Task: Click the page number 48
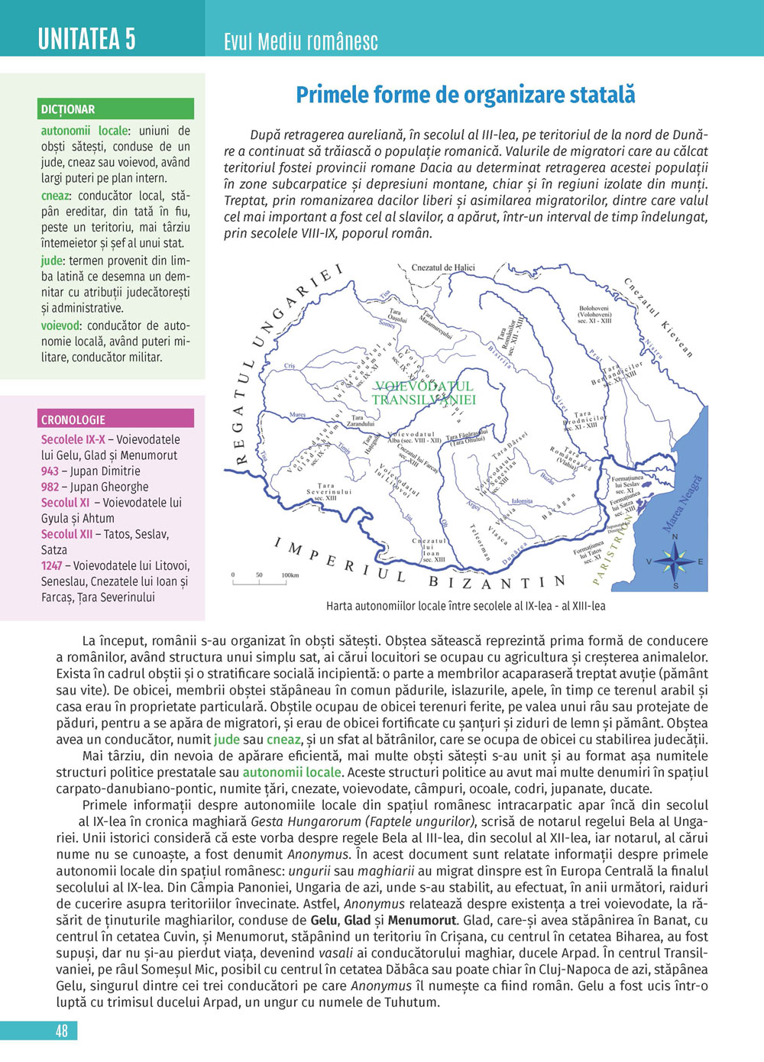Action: point(62,1031)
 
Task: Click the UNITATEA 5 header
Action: point(86,38)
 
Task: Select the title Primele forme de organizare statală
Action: point(465,96)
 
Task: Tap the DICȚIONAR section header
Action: point(69,109)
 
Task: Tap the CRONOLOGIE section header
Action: point(73,419)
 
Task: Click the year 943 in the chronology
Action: point(50,471)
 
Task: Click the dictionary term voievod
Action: point(60,325)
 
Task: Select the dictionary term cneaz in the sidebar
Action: point(55,196)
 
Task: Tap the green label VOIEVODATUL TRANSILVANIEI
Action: point(424,393)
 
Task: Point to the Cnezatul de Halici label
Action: point(443,267)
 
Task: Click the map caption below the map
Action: point(465,606)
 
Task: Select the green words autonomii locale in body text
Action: point(291,772)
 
